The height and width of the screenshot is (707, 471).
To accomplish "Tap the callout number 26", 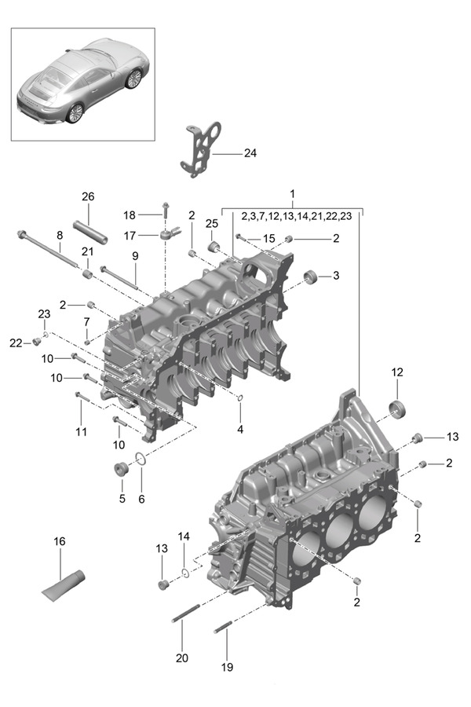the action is point(89,196).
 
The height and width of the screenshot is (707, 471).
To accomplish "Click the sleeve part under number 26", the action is point(90,232).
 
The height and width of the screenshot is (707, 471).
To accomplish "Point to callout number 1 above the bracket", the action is point(293,194).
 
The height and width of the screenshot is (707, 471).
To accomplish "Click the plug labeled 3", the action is point(310,276).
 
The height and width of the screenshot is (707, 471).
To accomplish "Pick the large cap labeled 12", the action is point(397,409).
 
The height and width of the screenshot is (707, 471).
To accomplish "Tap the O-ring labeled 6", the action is point(141,459).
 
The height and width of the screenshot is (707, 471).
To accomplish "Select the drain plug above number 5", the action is point(121,468).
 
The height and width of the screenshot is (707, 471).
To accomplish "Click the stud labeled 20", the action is point(185,614).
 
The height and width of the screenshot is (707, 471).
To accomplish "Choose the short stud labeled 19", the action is point(224,627).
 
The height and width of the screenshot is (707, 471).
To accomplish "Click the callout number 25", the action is point(212,223).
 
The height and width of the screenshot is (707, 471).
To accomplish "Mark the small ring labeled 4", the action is point(240,397).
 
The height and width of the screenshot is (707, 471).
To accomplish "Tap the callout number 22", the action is point(16,343).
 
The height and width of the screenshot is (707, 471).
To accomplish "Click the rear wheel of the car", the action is point(75,113).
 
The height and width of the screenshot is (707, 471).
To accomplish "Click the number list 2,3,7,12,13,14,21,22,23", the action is point(296,217).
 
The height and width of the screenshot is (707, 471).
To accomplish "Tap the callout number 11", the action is point(81,432).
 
